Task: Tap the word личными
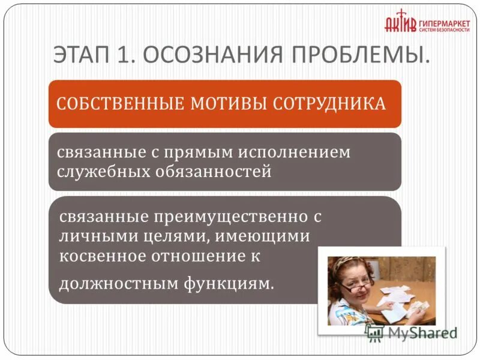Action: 92,236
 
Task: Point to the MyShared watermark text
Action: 420,332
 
